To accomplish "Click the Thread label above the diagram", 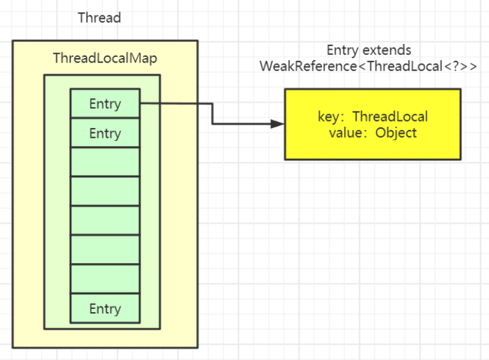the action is tap(100, 17).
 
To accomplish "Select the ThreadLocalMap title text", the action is tap(105, 58).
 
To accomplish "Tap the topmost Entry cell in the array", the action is tap(105, 103).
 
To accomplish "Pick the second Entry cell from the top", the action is tap(105, 132).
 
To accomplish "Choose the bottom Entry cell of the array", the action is tap(105, 308).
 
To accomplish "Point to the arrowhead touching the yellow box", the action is tap(277, 123).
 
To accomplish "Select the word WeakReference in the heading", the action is tap(308, 66).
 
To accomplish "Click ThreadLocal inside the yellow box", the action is tap(390, 116).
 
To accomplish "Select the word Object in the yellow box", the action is tap(396, 133).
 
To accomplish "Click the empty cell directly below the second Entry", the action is tap(105, 162).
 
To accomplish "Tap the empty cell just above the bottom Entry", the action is tap(105, 279).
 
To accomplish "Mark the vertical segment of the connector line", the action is tap(212, 114).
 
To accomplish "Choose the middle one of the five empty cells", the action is tap(105, 220).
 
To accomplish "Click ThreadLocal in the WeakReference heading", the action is tap(405, 66).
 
